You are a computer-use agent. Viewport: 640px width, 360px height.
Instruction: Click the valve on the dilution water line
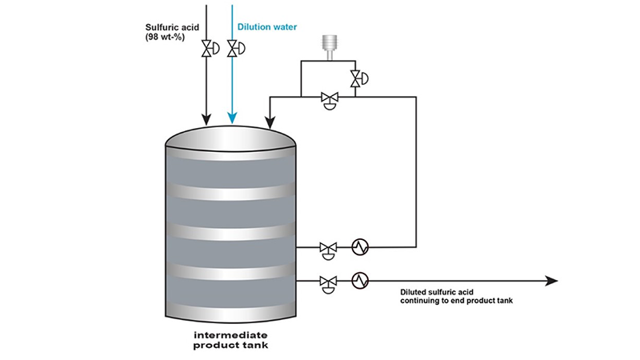point(233,50)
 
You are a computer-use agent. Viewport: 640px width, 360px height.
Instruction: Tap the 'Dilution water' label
point(267,27)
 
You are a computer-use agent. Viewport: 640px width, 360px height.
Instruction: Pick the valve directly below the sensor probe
point(354,78)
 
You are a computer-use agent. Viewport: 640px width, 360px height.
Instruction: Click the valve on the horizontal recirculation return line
point(328,98)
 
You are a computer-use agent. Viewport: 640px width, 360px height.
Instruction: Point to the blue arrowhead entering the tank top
point(233,119)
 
